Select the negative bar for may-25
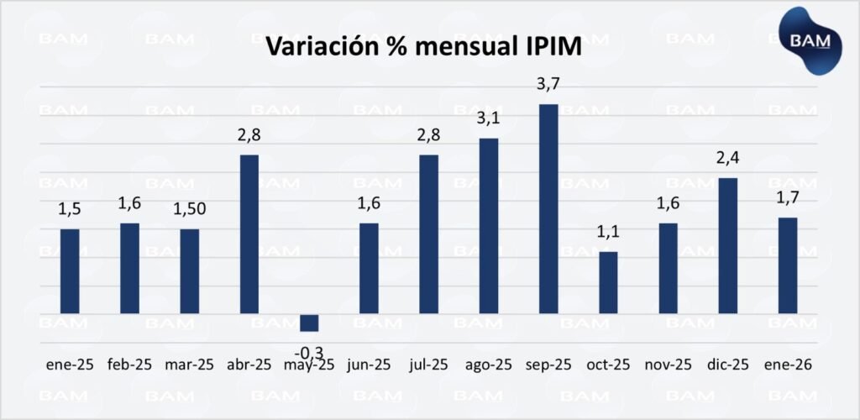[309, 323]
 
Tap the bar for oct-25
[608, 282]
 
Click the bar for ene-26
[787, 265]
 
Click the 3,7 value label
[548, 85]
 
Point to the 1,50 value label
[190, 210]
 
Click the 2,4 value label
[728, 159]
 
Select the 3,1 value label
[489, 119]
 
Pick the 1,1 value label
[608, 233]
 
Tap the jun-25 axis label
[369, 365]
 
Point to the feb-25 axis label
[130, 365]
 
